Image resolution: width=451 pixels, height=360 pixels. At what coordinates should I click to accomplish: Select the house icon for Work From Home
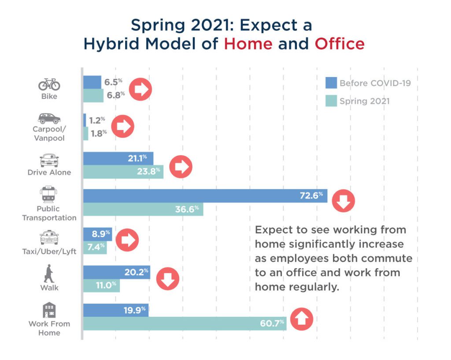coord(49,310)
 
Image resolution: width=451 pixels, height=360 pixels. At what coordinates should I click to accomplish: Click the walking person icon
coord(48,274)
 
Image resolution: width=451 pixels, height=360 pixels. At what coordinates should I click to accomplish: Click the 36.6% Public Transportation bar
coord(143,209)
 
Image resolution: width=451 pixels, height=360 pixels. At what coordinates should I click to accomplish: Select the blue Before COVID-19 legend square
coord(331,83)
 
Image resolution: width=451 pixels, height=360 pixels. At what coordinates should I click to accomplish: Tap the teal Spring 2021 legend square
coord(331,101)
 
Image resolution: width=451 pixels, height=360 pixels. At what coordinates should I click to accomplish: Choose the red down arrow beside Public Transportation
coord(343,201)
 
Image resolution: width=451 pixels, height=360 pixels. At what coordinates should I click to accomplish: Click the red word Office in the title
coord(340,44)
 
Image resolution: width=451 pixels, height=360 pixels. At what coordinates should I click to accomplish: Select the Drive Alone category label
coord(49,172)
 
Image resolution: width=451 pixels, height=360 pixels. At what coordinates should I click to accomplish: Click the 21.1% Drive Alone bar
coord(118,158)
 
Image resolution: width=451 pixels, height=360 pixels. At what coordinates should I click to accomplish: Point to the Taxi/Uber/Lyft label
coord(49,252)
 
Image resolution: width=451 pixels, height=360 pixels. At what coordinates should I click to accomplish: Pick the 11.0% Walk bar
coord(101,286)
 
